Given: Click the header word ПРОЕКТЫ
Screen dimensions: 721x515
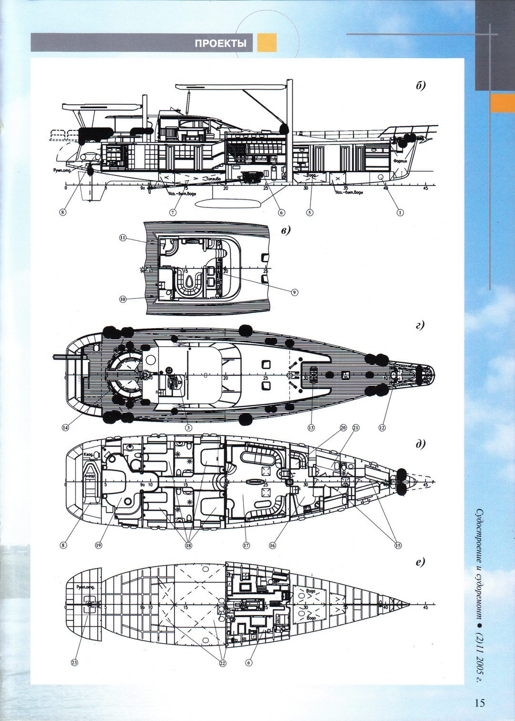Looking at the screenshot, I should point(220,44).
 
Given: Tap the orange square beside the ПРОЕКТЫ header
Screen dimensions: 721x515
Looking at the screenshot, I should point(267,43).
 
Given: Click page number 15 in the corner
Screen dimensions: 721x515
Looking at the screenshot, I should point(479,702).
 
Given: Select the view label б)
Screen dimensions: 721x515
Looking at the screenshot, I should point(420,86).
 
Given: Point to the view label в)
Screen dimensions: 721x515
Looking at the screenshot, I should point(286,230).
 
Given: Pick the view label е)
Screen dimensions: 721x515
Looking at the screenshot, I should point(420,562).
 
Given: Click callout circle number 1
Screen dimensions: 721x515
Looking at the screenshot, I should point(400,213).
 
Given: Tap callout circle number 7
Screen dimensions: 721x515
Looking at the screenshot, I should point(174,213).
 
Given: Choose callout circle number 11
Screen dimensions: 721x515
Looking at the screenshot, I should point(123,237).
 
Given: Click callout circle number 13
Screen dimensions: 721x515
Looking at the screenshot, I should point(311,428).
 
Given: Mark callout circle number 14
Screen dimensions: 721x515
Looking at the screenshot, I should point(65,428).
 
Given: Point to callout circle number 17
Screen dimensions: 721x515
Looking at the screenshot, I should point(246,546).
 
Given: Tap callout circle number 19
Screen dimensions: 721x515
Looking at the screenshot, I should point(98,546).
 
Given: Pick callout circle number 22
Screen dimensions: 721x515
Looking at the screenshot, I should point(222,662).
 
